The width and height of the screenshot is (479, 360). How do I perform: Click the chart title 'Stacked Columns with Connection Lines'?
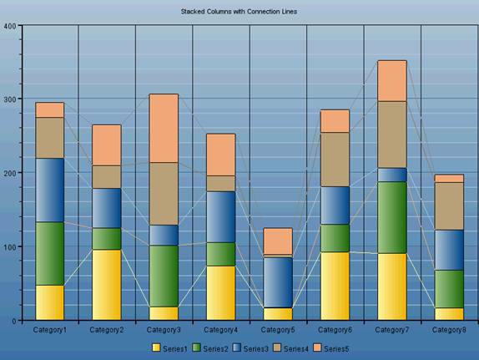point(239,12)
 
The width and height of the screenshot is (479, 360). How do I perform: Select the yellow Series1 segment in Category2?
point(106,284)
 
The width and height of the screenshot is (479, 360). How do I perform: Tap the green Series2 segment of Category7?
point(391,217)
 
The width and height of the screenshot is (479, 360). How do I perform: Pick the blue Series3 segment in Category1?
point(49,190)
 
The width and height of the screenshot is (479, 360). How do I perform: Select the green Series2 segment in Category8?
point(449,289)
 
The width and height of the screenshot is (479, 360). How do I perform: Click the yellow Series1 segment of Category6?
point(335,286)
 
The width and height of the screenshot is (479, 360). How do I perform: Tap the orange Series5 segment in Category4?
point(220,154)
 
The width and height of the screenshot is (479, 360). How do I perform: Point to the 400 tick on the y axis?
point(10,26)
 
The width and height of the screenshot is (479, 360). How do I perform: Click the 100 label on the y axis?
point(10,247)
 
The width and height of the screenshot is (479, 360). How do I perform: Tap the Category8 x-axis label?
point(449,330)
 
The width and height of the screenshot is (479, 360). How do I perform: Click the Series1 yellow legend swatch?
point(156,347)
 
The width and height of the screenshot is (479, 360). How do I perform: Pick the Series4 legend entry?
point(290,347)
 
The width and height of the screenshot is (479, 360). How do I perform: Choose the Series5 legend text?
point(335,347)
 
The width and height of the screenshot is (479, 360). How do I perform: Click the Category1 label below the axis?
point(49,330)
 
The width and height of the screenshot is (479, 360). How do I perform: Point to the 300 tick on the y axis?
point(10,99)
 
